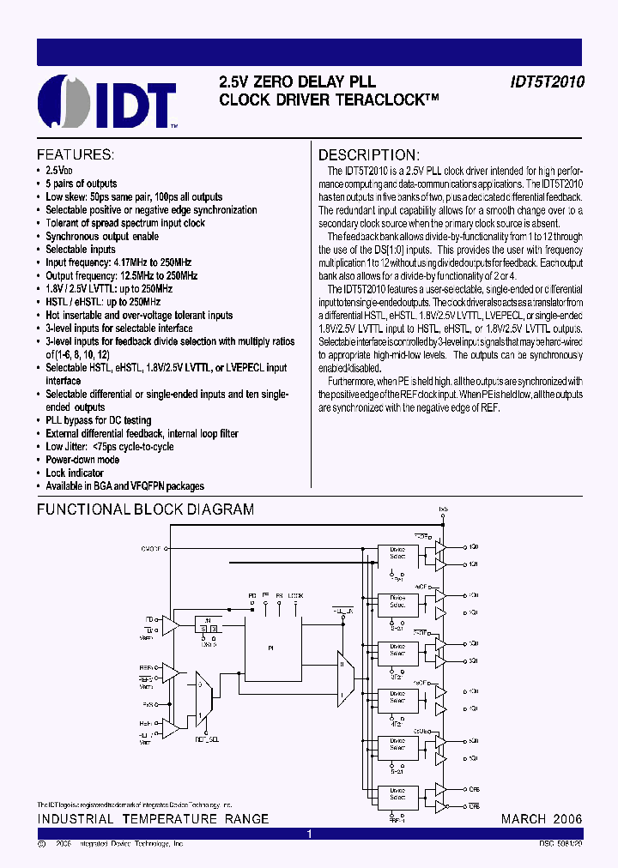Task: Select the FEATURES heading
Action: click(x=75, y=155)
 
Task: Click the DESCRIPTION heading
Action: click(x=369, y=155)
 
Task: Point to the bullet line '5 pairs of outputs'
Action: click(x=81, y=184)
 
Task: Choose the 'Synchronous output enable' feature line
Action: click(x=101, y=237)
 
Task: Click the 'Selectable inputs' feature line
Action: click(x=80, y=250)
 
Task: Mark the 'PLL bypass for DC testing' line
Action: click(x=98, y=420)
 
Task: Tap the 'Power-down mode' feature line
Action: click(x=82, y=460)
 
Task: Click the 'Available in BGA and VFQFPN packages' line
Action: click(x=124, y=486)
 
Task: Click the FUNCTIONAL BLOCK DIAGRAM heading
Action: click(x=145, y=509)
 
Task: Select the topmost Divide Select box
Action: click(x=397, y=553)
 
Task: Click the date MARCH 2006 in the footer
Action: click(x=542, y=819)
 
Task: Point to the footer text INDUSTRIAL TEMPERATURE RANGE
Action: click(x=153, y=819)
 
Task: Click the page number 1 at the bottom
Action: click(x=309, y=834)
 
